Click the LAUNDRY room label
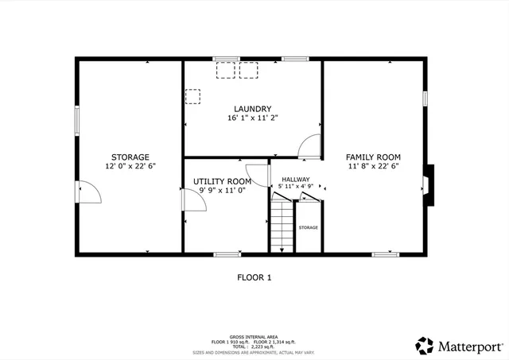pos(253,109)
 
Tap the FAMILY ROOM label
pos(373,157)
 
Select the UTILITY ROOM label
pos(222,181)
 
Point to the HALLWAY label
pos(295,180)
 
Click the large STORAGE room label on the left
pos(130,157)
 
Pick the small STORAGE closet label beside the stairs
pos(308,228)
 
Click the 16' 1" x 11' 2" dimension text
pos(253,118)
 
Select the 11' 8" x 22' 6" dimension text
pos(373,166)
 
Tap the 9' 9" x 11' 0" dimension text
pos(222,191)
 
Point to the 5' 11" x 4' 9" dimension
pos(295,187)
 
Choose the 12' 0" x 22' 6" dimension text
pos(130,166)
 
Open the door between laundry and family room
pos(310,146)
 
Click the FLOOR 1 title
pos(254,277)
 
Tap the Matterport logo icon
pos(424,346)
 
